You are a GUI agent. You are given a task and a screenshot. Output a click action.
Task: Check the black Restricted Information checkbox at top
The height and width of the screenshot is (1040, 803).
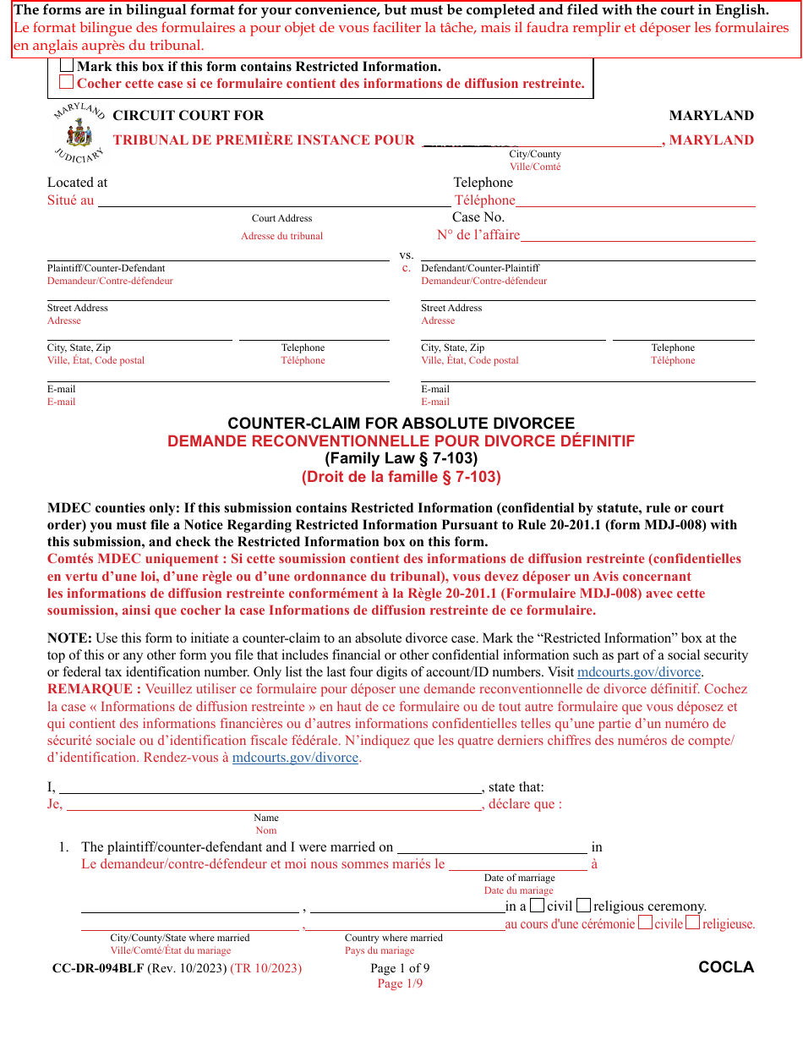67,66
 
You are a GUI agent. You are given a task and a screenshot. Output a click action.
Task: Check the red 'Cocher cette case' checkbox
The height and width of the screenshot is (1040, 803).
67,83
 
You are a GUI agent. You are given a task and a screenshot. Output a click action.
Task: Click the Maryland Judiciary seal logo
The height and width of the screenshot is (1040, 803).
79,132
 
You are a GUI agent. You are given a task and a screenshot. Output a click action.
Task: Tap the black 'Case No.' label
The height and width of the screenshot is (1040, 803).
478,217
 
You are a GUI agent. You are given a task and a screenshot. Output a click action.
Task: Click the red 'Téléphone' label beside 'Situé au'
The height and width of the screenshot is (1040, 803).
484,200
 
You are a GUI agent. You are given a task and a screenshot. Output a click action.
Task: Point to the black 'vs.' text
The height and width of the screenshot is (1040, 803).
407,255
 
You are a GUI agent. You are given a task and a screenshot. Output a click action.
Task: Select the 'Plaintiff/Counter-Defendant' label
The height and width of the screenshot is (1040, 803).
107,268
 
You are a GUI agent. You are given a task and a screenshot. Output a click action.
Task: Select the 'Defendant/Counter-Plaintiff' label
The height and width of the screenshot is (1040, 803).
480,268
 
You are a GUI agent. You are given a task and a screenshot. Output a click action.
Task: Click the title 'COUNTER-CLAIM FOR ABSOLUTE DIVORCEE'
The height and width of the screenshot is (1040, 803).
401,424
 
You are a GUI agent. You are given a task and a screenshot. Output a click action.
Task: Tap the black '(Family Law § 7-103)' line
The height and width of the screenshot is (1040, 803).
401,458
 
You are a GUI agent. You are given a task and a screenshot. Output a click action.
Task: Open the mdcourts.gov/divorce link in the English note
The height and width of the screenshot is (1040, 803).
638,672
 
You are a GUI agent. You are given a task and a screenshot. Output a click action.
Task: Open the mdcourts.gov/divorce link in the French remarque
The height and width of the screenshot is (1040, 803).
296,758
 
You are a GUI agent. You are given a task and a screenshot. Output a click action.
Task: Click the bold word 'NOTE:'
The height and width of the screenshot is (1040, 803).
69,638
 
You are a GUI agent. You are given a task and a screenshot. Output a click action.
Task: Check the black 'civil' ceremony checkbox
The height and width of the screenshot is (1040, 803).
537,906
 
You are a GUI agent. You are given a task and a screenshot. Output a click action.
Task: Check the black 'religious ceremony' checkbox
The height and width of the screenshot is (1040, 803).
583,906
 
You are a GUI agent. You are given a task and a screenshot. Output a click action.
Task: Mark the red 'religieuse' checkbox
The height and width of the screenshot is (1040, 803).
692,923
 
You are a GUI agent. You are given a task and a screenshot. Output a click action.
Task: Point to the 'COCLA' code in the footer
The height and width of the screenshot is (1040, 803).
726,967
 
